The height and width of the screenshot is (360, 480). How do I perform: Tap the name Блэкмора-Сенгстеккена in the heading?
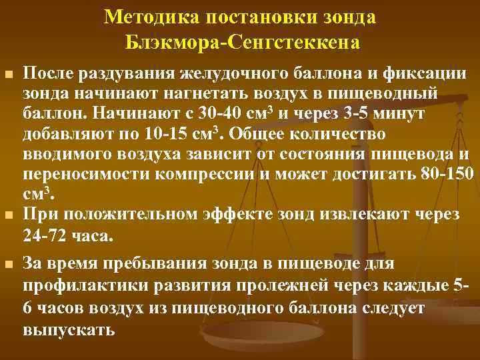[241, 43]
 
